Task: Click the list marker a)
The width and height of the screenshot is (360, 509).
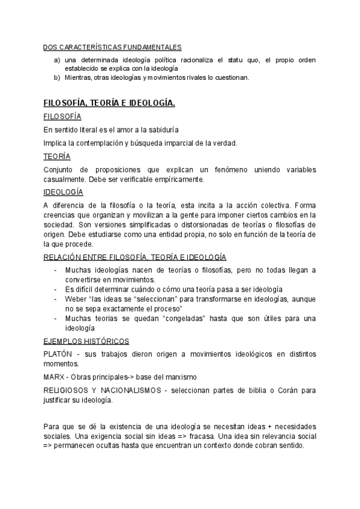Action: (x=56, y=60)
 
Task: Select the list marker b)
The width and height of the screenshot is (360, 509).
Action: (x=56, y=77)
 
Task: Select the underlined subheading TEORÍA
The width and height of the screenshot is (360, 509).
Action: (x=57, y=157)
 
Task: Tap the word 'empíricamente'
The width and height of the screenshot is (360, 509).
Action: (x=180, y=179)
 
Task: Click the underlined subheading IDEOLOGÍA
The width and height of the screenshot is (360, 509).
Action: (x=64, y=192)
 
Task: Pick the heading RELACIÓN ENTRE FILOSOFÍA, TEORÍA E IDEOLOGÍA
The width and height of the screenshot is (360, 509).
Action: (x=135, y=257)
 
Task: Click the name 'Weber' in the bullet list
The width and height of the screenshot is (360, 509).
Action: (x=75, y=298)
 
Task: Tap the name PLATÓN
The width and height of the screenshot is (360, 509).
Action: (x=58, y=354)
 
